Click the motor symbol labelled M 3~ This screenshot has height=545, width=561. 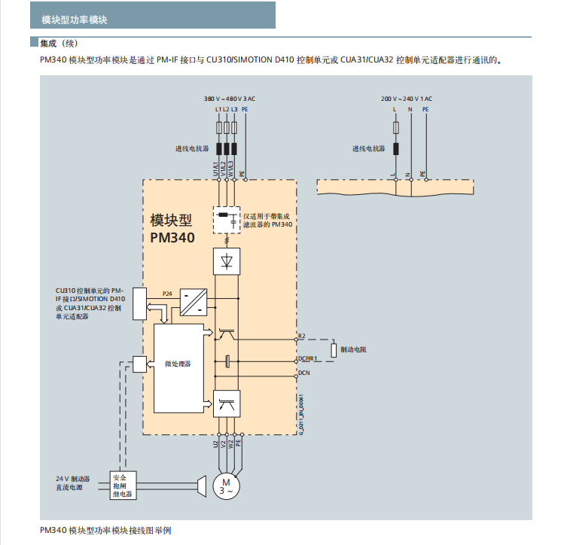point(225,486)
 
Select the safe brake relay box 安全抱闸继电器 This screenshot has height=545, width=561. point(122,486)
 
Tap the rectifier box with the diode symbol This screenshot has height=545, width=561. point(227,260)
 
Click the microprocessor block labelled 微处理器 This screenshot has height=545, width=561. point(178,364)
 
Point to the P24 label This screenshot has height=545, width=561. point(166,292)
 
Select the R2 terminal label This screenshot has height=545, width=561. point(301,335)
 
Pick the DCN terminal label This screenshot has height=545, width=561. point(303,372)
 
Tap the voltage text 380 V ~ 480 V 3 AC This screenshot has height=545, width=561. point(230,98)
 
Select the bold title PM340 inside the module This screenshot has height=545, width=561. point(172,238)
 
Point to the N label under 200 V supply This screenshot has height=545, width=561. point(410,109)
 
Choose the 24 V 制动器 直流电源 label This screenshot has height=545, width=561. point(72,483)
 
